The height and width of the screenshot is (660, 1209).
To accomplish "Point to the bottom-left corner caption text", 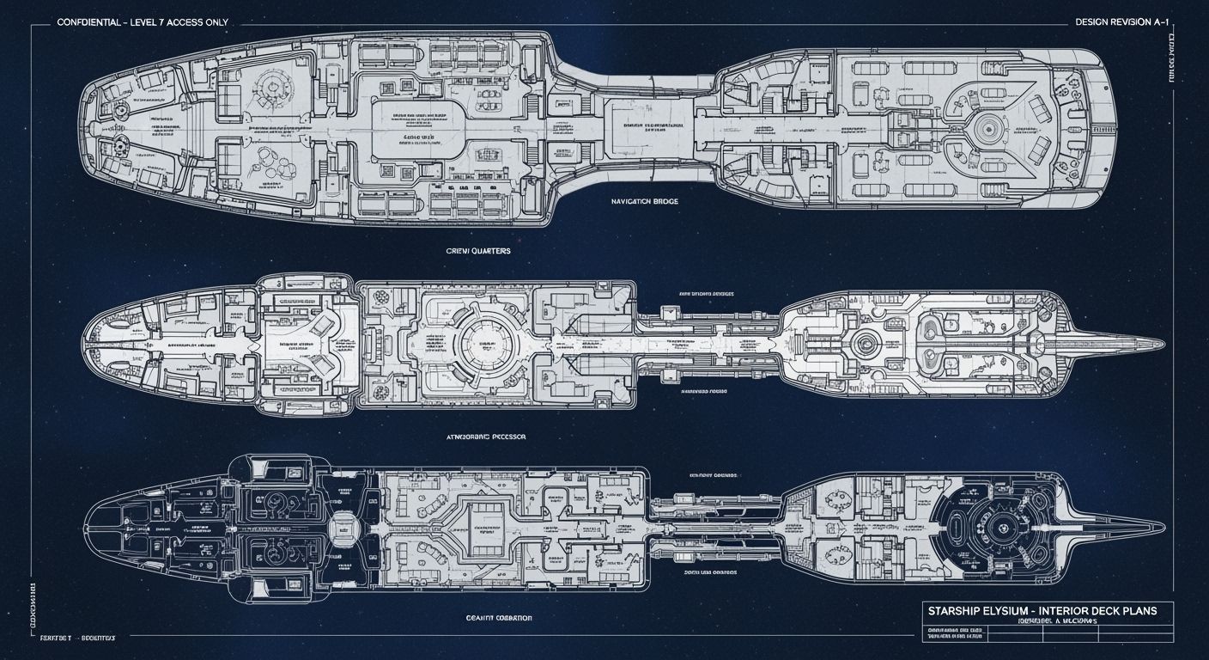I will [x=77, y=640].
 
